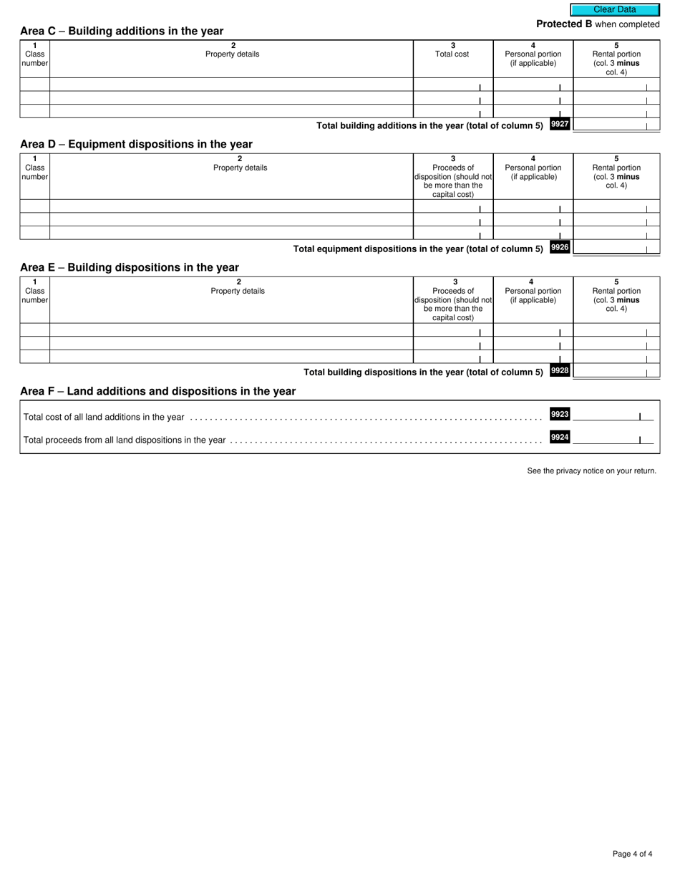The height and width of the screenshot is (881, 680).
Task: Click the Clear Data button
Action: coord(615,10)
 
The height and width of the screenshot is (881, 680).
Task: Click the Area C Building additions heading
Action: coord(122,32)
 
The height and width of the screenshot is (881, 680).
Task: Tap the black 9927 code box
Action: coord(560,125)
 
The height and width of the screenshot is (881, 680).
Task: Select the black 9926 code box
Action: coord(560,248)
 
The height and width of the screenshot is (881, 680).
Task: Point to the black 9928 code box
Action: coord(560,371)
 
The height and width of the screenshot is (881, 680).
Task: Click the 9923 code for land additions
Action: coord(560,415)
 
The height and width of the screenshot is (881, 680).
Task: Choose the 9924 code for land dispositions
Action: coord(560,438)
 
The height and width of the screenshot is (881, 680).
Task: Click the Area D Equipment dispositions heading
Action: coord(136,144)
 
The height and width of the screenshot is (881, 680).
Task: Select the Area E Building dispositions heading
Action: coord(130,267)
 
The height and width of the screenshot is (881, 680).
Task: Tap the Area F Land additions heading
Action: coord(157,391)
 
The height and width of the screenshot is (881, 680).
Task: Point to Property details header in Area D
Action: coord(240,168)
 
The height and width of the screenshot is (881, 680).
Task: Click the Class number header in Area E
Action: coord(34,295)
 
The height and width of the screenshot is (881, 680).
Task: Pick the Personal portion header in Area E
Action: coord(533,295)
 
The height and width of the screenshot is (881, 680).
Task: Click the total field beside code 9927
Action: coord(616,125)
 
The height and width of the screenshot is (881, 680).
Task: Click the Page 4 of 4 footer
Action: coord(632,854)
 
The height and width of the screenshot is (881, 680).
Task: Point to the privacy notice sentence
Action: coord(591,471)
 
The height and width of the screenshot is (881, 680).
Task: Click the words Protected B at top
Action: coord(564,24)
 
